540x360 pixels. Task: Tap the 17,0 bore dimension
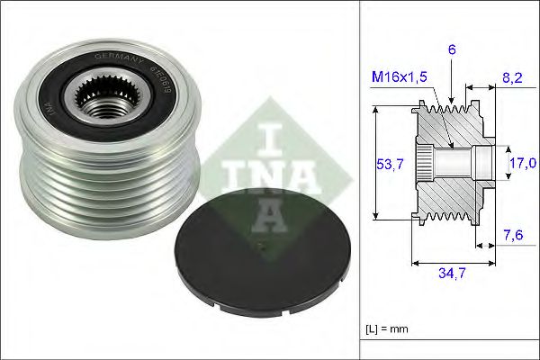[522, 163]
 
